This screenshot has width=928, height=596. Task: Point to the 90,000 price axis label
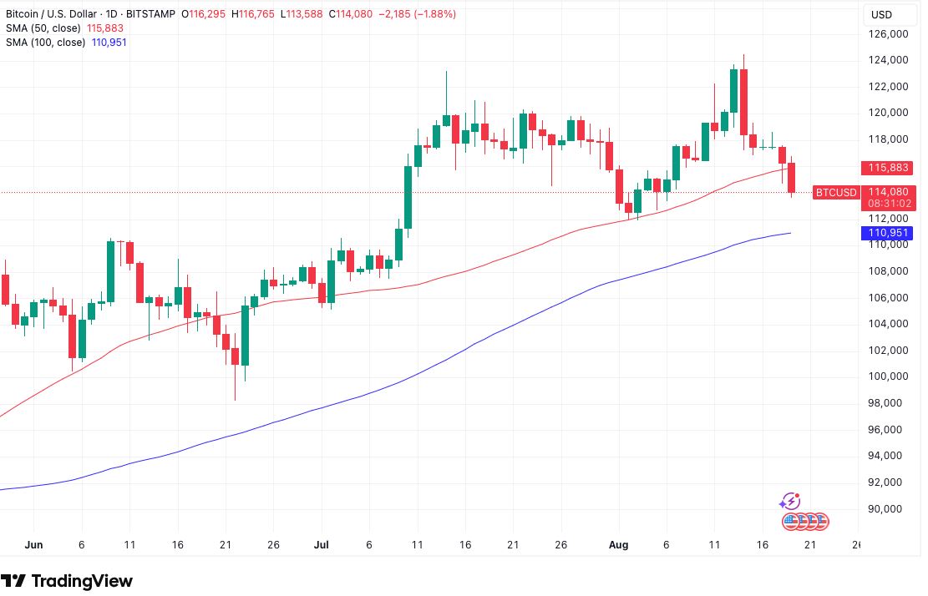coord(887,508)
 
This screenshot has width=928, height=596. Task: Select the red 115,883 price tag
coord(888,168)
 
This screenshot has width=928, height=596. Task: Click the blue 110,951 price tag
coord(888,233)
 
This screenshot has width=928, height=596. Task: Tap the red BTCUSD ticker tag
coord(836,193)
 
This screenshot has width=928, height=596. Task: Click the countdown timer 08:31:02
coord(888,203)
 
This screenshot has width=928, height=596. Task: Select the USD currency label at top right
coord(882,14)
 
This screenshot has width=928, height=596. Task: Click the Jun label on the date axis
coord(33,545)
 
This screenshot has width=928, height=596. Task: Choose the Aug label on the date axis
coord(618,545)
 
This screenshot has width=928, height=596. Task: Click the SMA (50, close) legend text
coord(44,28)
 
